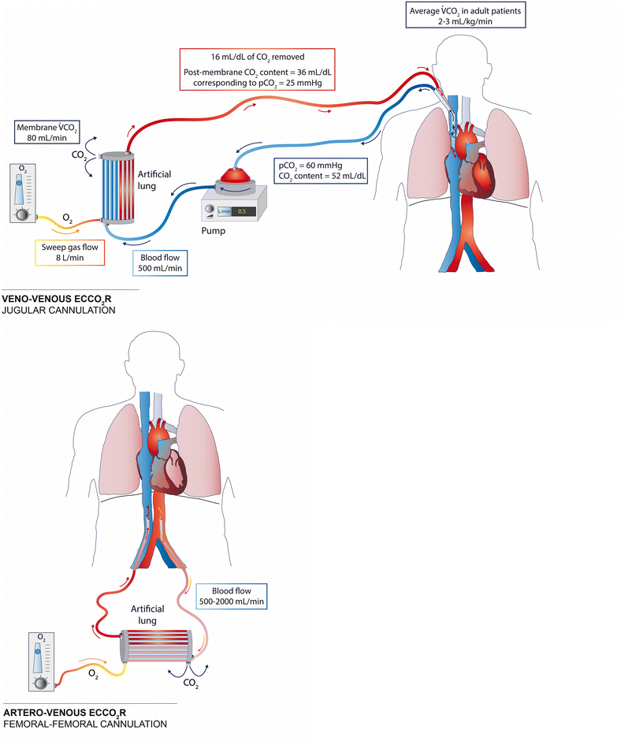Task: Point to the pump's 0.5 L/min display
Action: pos(240,210)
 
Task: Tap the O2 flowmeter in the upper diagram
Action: pos(21,195)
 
